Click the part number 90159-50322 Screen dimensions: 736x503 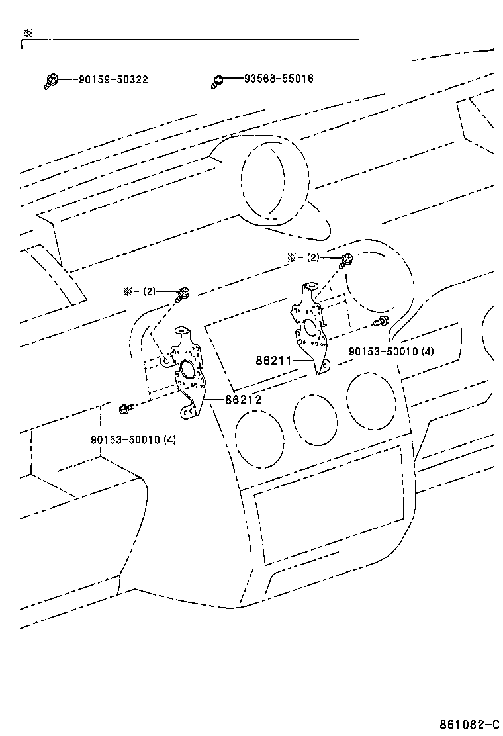click(x=113, y=79)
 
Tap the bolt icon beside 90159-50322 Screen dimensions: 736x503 click(x=51, y=81)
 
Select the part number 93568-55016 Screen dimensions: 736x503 click(x=279, y=79)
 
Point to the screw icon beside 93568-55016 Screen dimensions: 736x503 click(x=218, y=81)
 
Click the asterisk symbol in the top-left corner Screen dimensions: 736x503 click(x=26, y=32)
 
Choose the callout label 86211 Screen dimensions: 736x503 click(x=272, y=361)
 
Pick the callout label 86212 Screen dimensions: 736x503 click(x=243, y=400)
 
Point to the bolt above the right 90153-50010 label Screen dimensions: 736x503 click(x=381, y=322)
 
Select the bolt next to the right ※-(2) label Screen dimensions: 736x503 click(x=345, y=259)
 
